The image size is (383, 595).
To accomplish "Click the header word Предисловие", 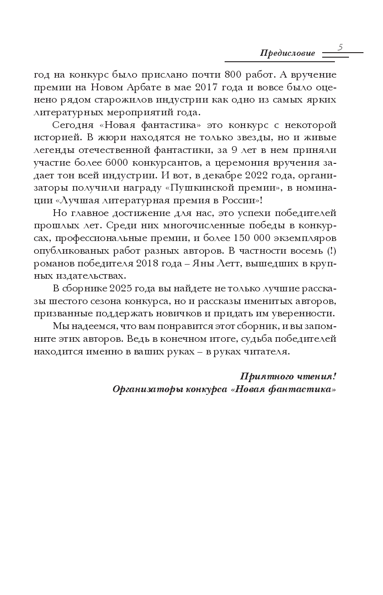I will (287, 53).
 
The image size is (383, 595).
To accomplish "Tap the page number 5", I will (340, 47).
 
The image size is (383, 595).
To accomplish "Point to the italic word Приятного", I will (266, 376).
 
